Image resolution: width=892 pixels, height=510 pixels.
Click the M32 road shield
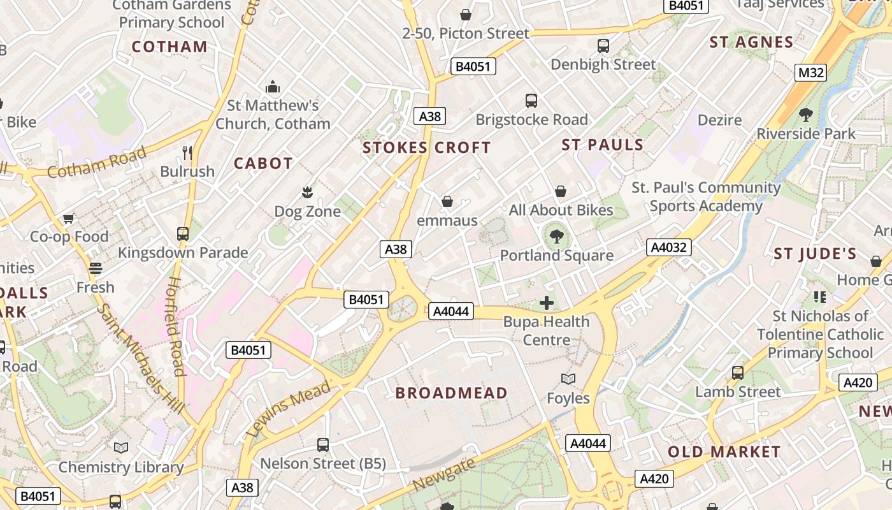(x=811, y=73)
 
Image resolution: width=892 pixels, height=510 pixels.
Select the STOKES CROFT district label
(x=426, y=148)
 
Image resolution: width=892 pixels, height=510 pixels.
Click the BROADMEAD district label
(x=451, y=393)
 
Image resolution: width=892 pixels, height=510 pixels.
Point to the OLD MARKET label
(x=724, y=452)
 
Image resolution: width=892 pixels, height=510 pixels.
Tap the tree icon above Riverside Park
(x=805, y=115)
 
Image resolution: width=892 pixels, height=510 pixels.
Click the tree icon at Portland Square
(x=557, y=237)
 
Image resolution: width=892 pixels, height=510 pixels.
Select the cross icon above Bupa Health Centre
(x=546, y=303)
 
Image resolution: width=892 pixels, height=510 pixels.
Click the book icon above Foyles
(x=568, y=379)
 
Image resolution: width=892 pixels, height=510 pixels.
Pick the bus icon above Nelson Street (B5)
(x=323, y=445)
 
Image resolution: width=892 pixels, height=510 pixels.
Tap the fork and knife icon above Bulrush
(x=187, y=152)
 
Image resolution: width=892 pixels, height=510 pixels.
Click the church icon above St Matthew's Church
(x=273, y=87)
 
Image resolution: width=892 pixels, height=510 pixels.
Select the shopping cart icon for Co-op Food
(x=69, y=218)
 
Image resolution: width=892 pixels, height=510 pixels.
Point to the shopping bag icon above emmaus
(x=447, y=202)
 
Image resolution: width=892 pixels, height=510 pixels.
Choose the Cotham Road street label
(x=97, y=163)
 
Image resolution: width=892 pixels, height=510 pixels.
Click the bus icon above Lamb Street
(x=737, y=373)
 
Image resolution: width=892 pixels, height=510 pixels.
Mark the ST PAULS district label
(x=602, y=145)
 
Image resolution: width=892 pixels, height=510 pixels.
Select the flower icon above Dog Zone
(x=307, y=192)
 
